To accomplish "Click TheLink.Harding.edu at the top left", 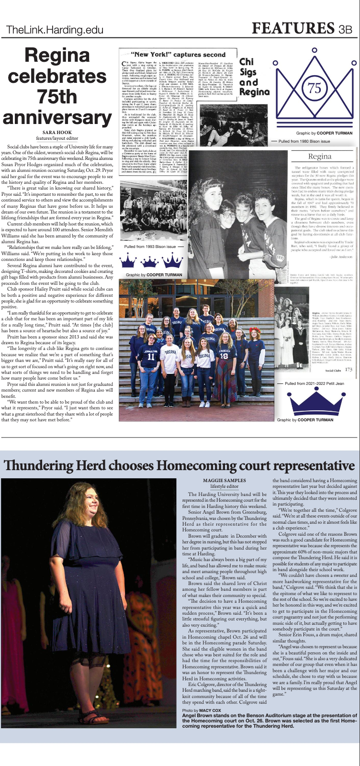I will [55, 31].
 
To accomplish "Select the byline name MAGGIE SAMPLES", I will [225, 480].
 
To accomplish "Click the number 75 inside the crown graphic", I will [314, 88].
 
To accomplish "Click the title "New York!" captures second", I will [179, 55].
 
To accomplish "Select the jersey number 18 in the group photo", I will [224, 356].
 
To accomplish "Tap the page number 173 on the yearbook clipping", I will [348, 369].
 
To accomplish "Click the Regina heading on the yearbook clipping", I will [319, 156].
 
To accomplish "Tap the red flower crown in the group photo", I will [252, 331].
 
